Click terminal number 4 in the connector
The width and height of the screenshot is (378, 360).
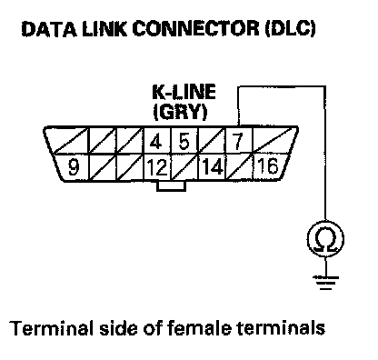(x=155, y=142)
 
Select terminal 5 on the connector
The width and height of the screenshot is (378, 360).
(x=184, y=142)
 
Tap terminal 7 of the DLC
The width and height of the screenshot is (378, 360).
(x=237, y=142)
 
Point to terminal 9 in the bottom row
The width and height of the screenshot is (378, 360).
(x=73, y=167)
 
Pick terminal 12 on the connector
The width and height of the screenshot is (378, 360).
(x=157, y=167)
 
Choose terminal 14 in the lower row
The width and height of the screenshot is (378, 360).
(x=213, y=167)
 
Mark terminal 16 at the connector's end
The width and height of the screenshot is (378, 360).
(x=268, y=166)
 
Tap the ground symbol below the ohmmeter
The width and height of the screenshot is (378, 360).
(x=325, y=283)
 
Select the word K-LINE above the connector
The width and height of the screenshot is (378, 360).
(x=184, y=92)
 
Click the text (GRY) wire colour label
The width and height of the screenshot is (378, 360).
(x=180, y=112)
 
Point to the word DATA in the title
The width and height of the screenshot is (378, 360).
(x=49, y=29)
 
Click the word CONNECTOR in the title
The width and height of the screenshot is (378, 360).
(x=195, y=29)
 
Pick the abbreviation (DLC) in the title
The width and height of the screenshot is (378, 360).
(x=291, y=29)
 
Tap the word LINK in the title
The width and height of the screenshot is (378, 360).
(x=104, y=29)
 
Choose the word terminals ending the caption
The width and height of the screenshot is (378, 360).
(x=281, y=328)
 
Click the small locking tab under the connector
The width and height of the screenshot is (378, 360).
(x=171, y=186)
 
